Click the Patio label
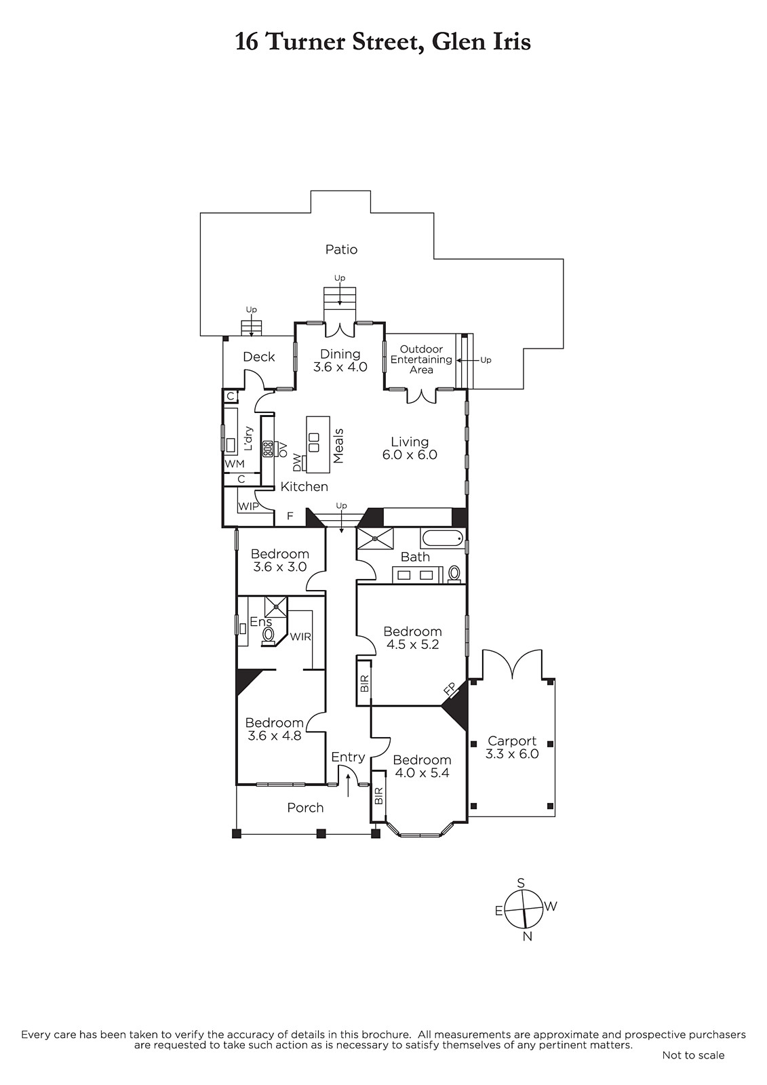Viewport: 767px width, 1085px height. point(341,250)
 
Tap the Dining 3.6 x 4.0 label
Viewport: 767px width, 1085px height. point(340,360)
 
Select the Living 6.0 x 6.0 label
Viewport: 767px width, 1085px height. point(410,448)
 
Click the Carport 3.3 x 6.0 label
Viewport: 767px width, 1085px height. point(512,747)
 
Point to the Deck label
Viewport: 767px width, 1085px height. point(259,357)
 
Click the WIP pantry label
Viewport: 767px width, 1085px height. point(248,507)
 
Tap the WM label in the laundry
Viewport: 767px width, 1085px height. point(235,464)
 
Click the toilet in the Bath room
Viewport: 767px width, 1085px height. point(454,574)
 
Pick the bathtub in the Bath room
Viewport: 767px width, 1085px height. point(442,539)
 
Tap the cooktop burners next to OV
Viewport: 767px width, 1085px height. point(267,448)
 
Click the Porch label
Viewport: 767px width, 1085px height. point(305,808)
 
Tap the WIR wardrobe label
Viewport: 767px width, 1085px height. point(300,637)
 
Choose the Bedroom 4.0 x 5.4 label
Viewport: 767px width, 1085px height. point(422,766)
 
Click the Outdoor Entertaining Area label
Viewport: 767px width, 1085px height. point(422,359)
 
